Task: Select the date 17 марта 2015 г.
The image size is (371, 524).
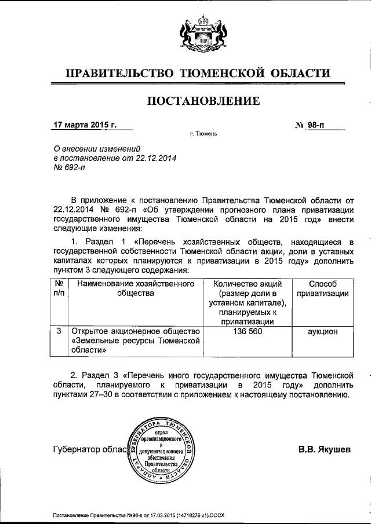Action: click(85, 125)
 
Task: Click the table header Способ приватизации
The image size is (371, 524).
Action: click(323, 288)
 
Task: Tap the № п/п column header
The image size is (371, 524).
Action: click(59, 288)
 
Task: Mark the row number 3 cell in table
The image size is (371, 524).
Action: click(59, 332)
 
